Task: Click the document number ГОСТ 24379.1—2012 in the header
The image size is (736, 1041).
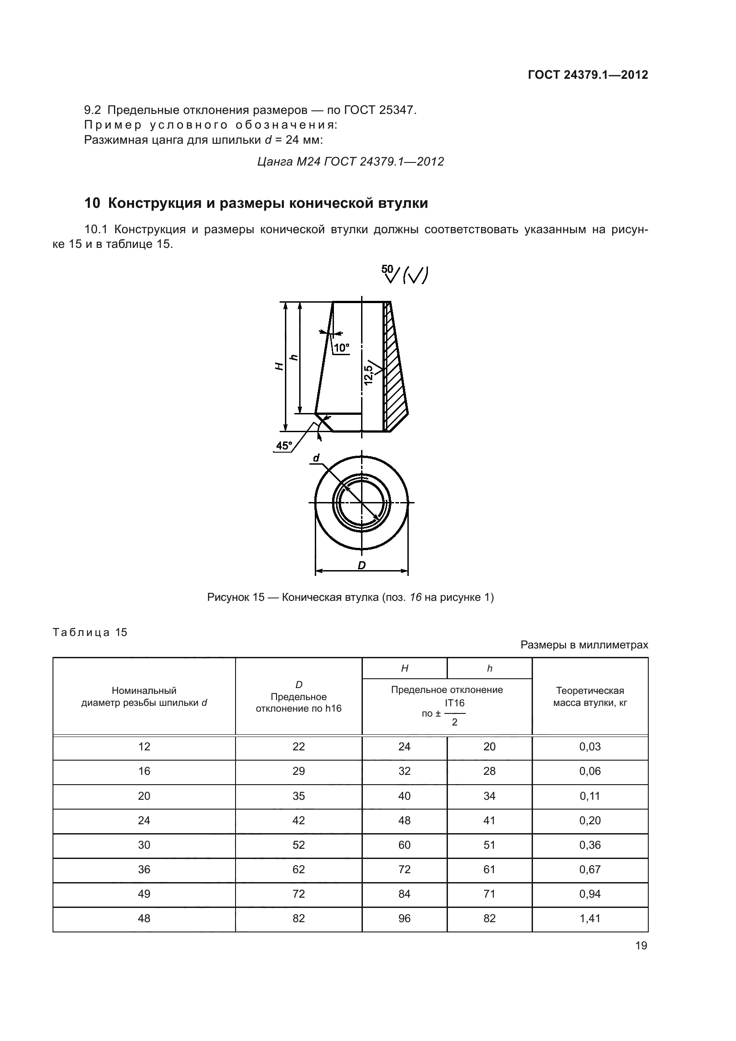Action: [x=588, y=75]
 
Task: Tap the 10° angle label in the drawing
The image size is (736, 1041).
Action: [x=342, y=348]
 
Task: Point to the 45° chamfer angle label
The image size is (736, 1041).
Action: [x=284, y=446]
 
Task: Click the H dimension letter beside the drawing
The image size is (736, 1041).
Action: [x=280, y=366]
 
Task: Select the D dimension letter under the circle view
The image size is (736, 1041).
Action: [x=362, y=565]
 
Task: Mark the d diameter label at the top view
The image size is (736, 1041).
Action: [x=316, y=458]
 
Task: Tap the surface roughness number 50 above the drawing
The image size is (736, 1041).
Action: [x=387, y=269]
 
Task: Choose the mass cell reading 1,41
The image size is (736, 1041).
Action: [x=590, y=919]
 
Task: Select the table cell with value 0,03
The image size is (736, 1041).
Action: [x=590, y=747]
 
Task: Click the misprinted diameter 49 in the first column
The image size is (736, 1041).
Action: [x=144, y=894]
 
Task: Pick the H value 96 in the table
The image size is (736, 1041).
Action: [x=404, y=919]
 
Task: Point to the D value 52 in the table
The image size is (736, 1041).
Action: [x=298, y=845]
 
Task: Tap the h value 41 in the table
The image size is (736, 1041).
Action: [x=489, y=821]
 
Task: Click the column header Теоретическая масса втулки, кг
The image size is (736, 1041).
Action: [x=590, y=697]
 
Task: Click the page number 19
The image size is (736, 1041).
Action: [x=641, y=946]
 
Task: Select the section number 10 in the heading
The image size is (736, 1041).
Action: [x=92, y=203]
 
